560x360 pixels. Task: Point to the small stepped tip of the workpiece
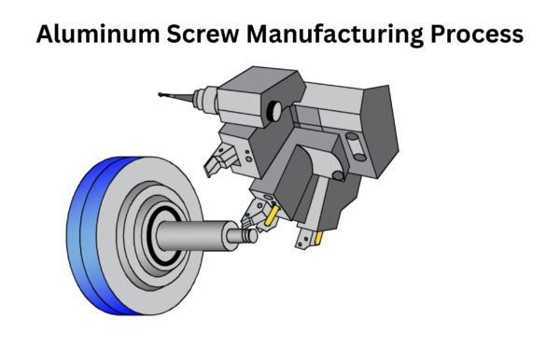point(249,237)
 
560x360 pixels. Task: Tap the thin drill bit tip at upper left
point(166,94)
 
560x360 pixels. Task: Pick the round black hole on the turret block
point(273,112)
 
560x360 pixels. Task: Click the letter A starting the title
point(45,35)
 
